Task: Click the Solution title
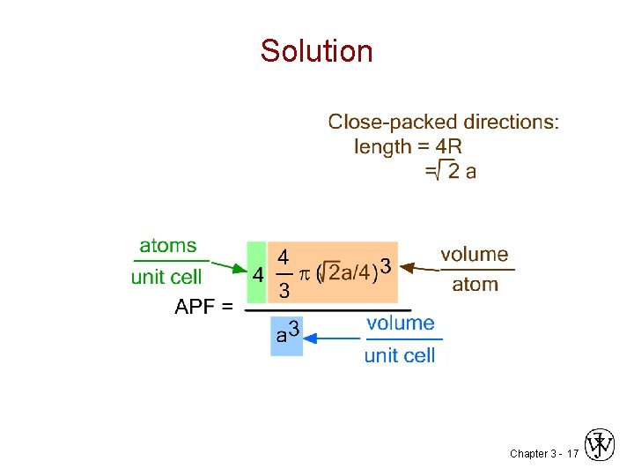click(x=317, y=51)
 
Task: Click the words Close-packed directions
click(x=443, y=122)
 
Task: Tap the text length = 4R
click(x=408, y=146)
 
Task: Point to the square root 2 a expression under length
click(x=452, y=171)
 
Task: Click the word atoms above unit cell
click(x=168, y=246)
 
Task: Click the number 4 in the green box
click(x=257, y=275)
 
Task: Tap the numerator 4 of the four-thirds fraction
click(x=284, y=257)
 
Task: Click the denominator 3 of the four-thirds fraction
click(x=284, y=290)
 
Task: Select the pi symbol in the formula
click(x=305, y=274)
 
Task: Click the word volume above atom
click(x=475, y=255)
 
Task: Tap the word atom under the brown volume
click(x=475, y=284)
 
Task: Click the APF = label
click(x=204, y=307)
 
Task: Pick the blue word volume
click(x=401, y=324)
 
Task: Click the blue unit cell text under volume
click(x=400, y=355)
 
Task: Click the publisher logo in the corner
click(x=600, y=446)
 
